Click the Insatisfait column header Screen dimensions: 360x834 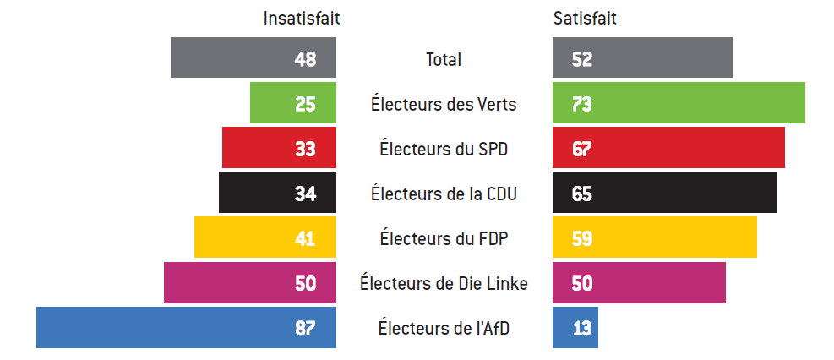(302, 18)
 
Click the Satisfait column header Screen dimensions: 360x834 (584, 18)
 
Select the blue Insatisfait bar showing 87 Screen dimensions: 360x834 (186, 328)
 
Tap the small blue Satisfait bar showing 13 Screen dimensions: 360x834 (575, 328)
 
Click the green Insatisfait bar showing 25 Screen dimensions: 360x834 (292, 103)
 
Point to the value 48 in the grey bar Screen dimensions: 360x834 (305, 59)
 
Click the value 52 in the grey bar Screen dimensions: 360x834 (581, 59)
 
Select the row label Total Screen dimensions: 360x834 (444, 59)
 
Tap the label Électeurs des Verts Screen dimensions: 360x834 (444, 104)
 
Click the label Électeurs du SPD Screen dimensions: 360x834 (444, 149)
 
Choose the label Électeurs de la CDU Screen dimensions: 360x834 (444, 194)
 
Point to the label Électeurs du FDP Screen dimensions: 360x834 (444, 238)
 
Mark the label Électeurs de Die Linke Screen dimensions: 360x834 (444, 283)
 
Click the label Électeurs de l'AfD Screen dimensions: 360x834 (444, 328)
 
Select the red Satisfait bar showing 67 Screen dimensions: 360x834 (668, 148)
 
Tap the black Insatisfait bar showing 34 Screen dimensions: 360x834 (277, 193)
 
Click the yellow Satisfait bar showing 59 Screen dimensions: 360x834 (655, 237)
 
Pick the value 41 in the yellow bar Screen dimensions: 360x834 (305, 238)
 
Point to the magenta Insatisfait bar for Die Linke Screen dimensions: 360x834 (249, 282)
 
